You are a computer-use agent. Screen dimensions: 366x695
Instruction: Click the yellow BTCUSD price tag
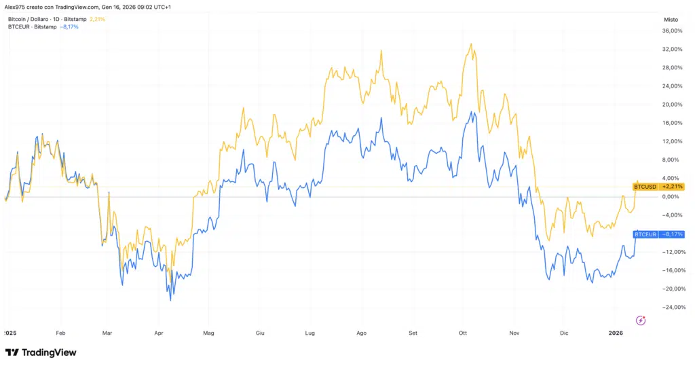[658, 186]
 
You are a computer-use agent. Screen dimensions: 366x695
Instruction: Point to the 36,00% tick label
[671, 31]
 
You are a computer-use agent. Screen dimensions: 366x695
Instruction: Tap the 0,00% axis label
[671, 197]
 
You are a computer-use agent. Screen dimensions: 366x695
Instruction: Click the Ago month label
[361, 333]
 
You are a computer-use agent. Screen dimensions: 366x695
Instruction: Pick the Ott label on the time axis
[464, 333]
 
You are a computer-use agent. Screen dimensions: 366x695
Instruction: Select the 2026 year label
[616, 333]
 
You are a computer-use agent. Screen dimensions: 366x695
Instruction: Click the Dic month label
[564, 333]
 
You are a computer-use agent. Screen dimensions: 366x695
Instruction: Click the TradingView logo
[41, 352]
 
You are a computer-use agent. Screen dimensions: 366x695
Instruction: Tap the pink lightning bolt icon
[640, 320]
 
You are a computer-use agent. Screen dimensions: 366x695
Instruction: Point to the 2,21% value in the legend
[97, 19]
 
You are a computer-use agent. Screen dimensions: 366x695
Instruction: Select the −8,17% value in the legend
[69, 27]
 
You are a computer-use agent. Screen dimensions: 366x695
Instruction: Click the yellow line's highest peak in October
[471, 44]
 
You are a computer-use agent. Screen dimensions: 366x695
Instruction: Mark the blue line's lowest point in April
[171, 299]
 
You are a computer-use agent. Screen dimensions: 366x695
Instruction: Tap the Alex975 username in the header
[17, 6]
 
